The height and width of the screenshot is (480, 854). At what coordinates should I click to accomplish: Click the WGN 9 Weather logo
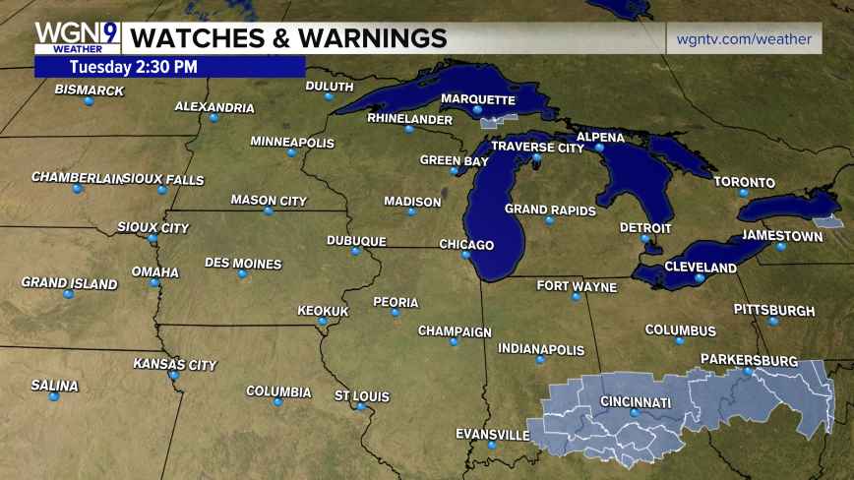pyautogui.click(x=77, y=37)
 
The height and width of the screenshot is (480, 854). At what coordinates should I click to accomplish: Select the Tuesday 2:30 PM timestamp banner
pyautogui.click(x=134, y=67)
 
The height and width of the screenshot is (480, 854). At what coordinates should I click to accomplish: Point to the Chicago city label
pyautogui.click(x=465, y=245)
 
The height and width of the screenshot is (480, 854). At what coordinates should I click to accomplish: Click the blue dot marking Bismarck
pyautogui.click(x=89, y=101)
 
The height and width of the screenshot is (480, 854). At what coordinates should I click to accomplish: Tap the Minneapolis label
pyautogui.click(x=292, y=142)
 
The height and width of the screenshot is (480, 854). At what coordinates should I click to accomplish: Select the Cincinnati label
pyautogui.click(x=636, y=402)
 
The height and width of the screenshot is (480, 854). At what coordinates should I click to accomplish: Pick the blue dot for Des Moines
pyautogui.click(x=242, y=274)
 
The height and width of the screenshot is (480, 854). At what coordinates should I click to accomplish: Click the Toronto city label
pyautogui.click(x=744, y=182)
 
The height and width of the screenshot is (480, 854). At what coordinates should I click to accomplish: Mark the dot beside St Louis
pyautogui.click(x=361, y=406)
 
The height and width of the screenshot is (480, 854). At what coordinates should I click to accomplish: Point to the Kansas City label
pyautogui.click(x=174, y=365)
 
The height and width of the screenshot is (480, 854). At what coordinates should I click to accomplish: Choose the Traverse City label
pyautogui.click(x=537, y=147)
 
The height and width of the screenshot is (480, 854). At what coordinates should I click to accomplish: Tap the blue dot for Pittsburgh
pyautogui.click(x=773, y=321)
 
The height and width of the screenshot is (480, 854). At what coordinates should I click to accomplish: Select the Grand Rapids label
pyautogui.click(x=550, y=209)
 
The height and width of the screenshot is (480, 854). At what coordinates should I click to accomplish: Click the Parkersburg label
pyautogui.click(x=749, y=360)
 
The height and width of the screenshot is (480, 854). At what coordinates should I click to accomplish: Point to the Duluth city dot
pyautogui.click(x=330, y=96)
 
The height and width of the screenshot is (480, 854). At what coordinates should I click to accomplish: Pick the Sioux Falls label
pyautogui.click(x=165, y=179)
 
